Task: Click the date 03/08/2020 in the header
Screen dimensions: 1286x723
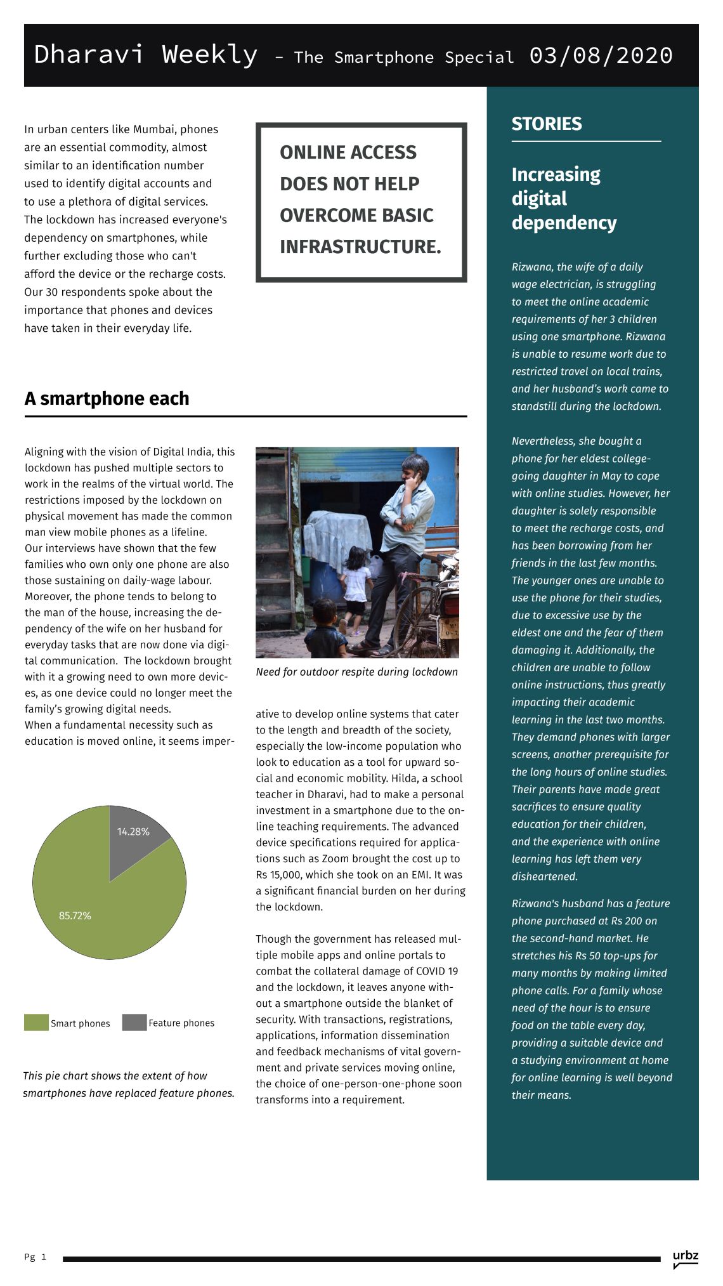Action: coord(601,56)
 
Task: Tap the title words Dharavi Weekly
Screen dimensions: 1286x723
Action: coord(146,55)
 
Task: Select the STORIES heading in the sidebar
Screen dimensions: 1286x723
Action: coord(546,124)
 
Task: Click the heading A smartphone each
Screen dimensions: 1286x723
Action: coord(107,398)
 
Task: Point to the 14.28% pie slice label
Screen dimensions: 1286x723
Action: coord(133,832)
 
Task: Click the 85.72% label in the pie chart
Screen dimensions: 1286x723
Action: coord(75,915)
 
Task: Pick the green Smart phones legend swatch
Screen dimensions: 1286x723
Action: coord(36,1023)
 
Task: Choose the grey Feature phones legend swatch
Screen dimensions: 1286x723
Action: coord(134,1023)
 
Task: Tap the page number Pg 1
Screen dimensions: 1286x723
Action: coord(35,1257)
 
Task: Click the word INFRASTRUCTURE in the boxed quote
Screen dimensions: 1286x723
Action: coord(360,247)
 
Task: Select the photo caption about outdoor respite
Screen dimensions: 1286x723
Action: coord(356,672)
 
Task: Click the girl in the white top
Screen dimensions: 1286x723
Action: coord(356,581)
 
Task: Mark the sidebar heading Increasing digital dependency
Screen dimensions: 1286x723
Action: coord(564,199)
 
